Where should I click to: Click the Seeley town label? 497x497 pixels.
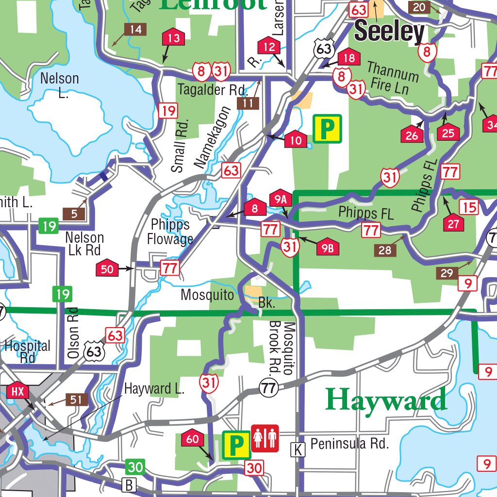click(x=389, y=32)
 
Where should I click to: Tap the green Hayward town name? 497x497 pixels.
click(x=386, y=400)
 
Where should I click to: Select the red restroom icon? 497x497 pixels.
click(x=265, y=438)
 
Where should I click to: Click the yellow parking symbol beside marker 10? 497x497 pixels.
click(x=328, y=129)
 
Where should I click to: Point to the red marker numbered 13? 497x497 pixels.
click(x=173, y=38)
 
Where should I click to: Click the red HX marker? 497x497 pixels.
click(x=18, y=391)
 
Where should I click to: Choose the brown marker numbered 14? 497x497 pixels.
click(x=135, y=30)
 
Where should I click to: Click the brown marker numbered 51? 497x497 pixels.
click(x=76, y=399)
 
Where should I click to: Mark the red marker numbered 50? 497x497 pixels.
click(x=107, y=268)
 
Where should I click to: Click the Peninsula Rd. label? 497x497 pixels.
click(x=349, y=444)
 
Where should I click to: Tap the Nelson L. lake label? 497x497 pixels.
click(x=59, y=85)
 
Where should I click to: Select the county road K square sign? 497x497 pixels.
click(x=298, y=450)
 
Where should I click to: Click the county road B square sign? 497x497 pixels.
click(x=129, y=484)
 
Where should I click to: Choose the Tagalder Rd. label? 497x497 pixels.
click(x=213, y=90)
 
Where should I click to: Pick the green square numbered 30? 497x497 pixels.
click(x=135, y=467)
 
